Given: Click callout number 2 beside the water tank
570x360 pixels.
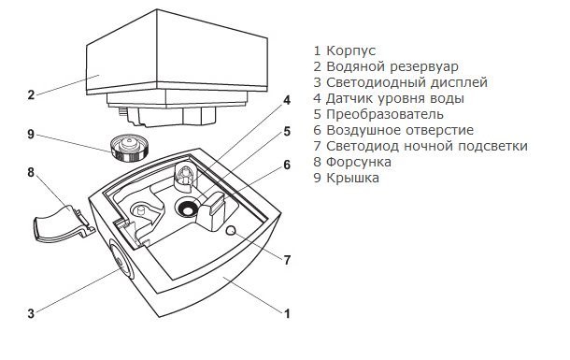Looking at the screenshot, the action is [31, 95].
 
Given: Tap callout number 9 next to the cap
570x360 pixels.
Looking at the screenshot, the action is [31, 135].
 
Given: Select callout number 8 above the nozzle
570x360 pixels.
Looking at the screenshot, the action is [31, 172].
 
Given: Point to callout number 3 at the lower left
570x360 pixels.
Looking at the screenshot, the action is [31, 313].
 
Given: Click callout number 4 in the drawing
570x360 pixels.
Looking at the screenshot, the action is [287, 100].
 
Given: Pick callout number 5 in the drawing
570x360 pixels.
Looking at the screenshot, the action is [287, 131].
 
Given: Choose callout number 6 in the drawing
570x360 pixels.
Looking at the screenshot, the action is [287, 166].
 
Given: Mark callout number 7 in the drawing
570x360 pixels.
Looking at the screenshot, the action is [287, 260].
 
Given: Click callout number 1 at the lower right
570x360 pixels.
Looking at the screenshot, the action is [287, 313].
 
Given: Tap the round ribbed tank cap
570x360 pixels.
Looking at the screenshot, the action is [129, 148].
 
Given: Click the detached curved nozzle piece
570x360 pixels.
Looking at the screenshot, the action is [64, 224].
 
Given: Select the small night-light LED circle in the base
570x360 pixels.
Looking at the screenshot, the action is [231, 230].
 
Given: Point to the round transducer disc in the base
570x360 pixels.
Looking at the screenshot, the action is [188, 208].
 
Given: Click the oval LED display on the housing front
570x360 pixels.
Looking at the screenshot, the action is [121, 261].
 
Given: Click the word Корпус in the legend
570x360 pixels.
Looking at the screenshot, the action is [350, 50].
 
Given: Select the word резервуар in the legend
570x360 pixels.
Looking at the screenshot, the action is [424, 67].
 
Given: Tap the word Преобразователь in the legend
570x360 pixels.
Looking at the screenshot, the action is [385, 114].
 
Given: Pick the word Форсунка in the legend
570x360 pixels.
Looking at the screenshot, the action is [359, 162].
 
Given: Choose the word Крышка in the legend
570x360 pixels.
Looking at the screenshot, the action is [352, 178].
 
